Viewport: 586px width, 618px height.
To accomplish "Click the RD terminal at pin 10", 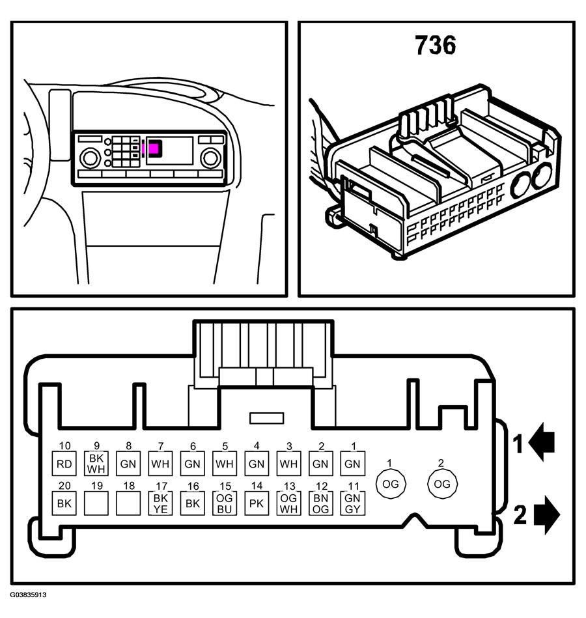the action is (64, 464).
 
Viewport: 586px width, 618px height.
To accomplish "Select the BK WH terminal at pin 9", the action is (96, 464).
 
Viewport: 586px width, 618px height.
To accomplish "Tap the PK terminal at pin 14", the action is (257, 503).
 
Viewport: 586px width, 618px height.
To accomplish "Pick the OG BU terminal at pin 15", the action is (224, 503).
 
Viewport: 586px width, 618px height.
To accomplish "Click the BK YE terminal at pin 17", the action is (160, 503).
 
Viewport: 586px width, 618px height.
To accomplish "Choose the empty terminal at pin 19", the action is (96, 503).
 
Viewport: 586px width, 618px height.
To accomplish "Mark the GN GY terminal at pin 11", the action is (353, 503).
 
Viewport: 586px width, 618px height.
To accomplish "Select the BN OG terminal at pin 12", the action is (321, 503).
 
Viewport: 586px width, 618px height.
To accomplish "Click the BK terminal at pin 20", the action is (64, 503).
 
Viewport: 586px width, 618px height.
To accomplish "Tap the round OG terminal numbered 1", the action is (391, 484).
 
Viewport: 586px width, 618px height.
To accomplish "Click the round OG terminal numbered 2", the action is (442, 484).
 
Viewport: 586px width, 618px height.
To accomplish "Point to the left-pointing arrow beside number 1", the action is (542, 442).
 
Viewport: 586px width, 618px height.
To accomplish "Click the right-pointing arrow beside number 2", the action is (547, 514).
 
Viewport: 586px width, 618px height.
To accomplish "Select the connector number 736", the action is (436, 44).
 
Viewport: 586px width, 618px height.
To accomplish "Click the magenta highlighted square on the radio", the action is (154, 148).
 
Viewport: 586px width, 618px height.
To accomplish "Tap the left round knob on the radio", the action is (91, 158).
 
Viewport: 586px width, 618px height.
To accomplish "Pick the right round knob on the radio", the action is (210, 158).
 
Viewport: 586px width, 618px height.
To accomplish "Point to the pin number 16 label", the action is (193, 486).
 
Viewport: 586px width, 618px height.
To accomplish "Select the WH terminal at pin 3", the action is (288, 464).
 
